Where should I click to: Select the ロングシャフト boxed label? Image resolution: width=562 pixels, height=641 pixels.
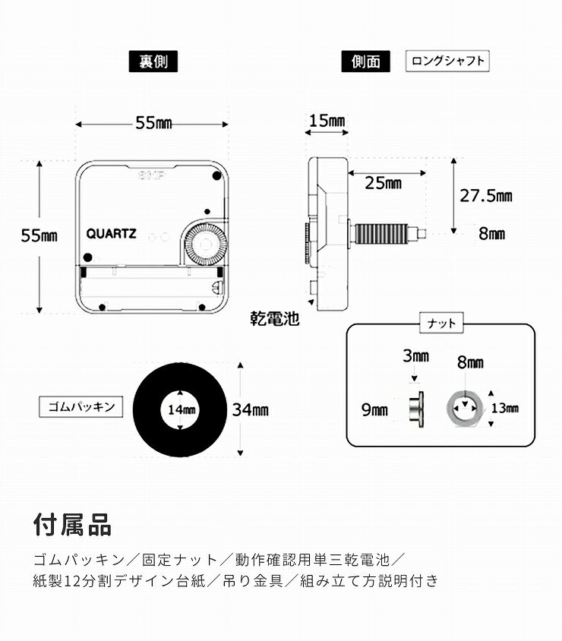[447, 62]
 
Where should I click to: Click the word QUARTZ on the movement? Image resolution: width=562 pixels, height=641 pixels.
[111, 234]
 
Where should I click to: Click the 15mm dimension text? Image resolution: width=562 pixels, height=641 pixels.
[327, 121]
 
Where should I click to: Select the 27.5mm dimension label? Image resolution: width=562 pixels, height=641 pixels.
[486, 196]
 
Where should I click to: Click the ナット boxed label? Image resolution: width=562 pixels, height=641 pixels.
[440, 324]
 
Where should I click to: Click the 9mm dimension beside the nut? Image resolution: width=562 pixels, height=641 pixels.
[374, 410]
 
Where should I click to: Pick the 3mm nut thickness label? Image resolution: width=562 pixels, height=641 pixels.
[415, 356]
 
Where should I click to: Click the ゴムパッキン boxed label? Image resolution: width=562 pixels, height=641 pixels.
[78, 407]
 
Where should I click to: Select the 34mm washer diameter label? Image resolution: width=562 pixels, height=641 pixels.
[250, 410]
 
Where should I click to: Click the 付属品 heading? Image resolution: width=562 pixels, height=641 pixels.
[72, 524]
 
